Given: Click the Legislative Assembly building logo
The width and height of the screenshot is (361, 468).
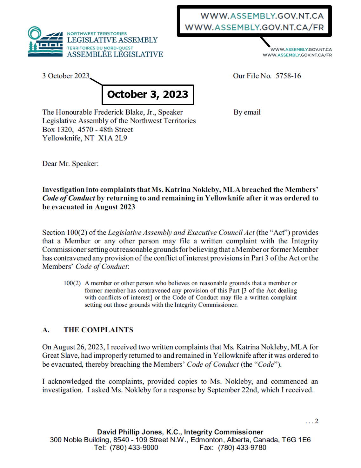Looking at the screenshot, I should click(45, 42).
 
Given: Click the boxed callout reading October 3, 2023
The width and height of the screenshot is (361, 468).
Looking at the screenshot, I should click(148, 94).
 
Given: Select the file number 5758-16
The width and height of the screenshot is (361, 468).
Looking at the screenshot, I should click(288, 76).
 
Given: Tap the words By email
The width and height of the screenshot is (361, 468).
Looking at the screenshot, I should click(247, 112).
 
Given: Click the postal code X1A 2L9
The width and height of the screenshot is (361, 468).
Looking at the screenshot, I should click(113, 138).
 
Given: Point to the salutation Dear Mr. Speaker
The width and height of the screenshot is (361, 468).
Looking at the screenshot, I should click(70, 164).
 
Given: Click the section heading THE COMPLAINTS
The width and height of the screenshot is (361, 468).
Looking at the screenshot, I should click(98, 330).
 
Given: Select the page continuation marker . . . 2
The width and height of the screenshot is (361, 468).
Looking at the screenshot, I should click(312, 421).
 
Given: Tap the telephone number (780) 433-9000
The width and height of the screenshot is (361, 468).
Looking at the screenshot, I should click(134, 448).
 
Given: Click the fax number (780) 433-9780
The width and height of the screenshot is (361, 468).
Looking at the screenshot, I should click(242, 448).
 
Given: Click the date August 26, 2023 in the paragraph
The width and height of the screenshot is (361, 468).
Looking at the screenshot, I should click(78, 347).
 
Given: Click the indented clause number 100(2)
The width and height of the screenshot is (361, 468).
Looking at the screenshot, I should click(72, 283).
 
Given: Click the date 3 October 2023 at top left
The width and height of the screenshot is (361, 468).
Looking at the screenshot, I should click(66, 76).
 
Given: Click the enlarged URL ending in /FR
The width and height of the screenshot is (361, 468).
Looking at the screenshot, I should click(254, 28).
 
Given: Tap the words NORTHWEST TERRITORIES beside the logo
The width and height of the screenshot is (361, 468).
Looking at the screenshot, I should click(97, 34).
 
